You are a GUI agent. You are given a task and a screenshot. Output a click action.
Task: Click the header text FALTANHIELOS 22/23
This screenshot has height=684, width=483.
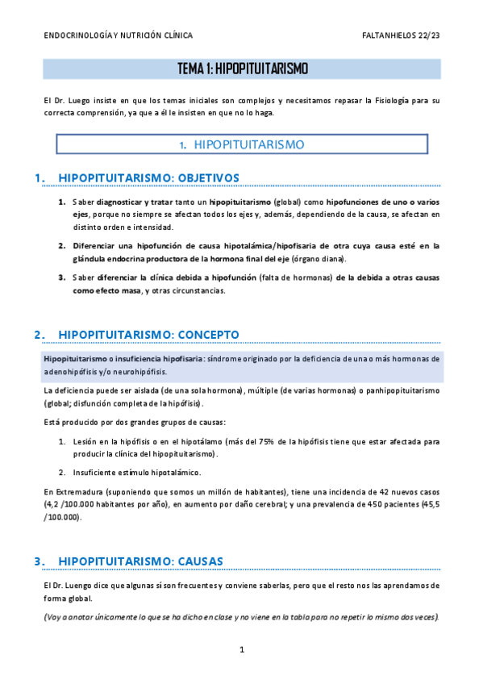pyautogui.click(x=402, y=35)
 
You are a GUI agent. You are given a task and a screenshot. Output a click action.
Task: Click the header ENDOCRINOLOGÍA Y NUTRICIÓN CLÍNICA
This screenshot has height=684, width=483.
pyautogui.click(x=118, y=35)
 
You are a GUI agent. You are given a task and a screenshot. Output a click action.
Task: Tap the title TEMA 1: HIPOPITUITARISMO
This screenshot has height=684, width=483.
pyautogui.click(x=242, y=69)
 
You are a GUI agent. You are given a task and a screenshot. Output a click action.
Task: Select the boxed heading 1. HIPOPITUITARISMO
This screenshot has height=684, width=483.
pyautogui.click(x=242, y=145)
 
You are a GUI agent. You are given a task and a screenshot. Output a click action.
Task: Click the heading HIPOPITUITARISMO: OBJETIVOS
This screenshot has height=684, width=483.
pyautogui.click(x=149, y=177)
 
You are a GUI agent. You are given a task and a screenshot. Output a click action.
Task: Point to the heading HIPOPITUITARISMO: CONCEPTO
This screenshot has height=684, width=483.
pyautogui.click(x=149, y=334)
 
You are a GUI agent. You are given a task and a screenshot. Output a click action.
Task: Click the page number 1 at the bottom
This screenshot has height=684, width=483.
pyautogui.click(x=241, y=649)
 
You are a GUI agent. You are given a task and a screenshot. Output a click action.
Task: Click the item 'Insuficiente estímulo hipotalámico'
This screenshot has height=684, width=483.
pyautogui.click(x=139, y=473)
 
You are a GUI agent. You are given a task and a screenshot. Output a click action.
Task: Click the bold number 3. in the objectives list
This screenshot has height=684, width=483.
pyautogui.click(x=61, y=277)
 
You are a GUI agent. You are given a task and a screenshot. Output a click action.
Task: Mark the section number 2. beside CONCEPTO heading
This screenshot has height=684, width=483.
pyautogui.click(x=39, y=334)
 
